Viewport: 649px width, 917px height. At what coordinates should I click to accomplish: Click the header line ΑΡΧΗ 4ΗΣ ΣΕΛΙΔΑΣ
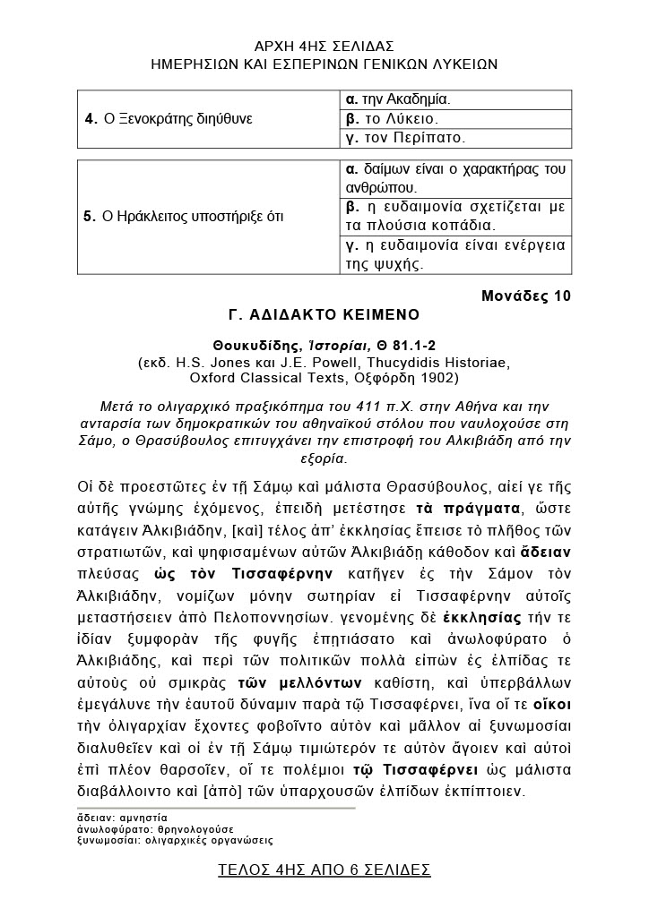(x=324, y=47)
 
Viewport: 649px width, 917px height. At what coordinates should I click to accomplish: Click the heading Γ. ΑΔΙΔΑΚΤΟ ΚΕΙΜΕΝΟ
(x=324, y=315)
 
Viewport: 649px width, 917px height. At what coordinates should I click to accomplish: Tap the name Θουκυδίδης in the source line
(x=250, y=345)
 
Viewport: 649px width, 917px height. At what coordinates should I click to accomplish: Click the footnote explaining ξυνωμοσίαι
(x=176, y=842)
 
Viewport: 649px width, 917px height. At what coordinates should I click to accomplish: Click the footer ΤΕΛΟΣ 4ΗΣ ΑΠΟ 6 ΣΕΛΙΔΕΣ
(x=324, y=870)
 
